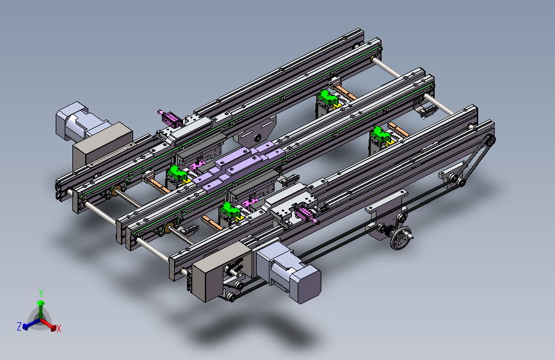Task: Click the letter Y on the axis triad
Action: point(41,293)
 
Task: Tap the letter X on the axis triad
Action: point(59,329)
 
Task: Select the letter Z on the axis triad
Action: point(19,326)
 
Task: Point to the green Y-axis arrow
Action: point(41,309)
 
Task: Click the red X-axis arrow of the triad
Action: point(49,324)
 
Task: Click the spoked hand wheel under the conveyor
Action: point(401,238)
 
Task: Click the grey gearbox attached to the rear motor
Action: point(102,145)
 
